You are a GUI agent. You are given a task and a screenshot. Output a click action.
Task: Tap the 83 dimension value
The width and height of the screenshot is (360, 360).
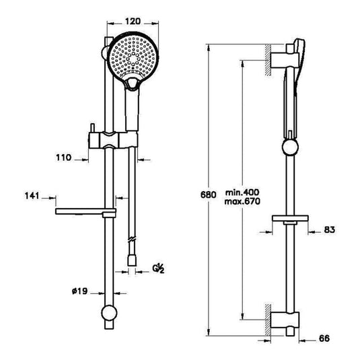(329, 230)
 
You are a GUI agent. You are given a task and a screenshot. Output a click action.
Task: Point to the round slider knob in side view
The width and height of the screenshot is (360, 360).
(289, 149)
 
